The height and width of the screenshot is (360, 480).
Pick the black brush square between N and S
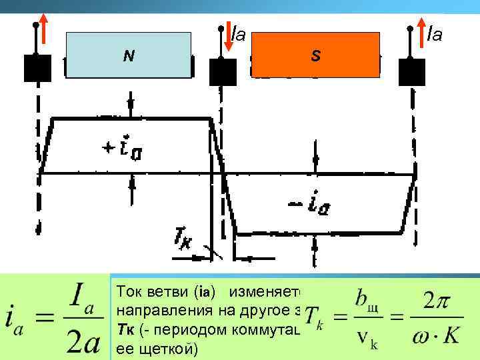click(x=221, y=71)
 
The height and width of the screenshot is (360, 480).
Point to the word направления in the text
click(x=157, y=311)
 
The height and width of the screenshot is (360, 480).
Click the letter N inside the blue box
click(x=129, y=56)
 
